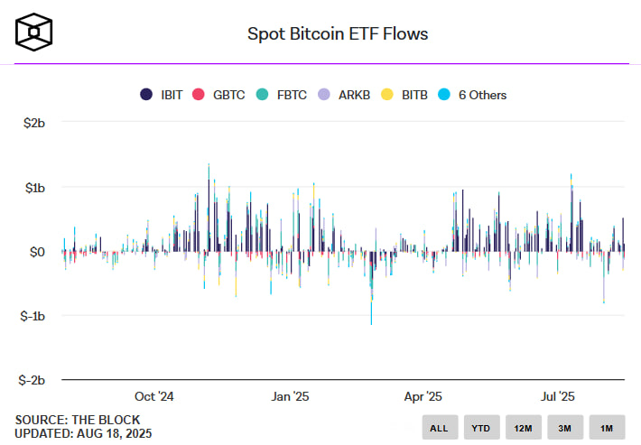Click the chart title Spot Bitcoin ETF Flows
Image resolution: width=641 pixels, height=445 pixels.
pyautogui.click(x=338, y=34)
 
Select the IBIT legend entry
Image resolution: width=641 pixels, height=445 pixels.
pyautogui.click(x=163, y=95)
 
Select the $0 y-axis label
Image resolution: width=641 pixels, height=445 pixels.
pyautogui.click(x=37, y=252)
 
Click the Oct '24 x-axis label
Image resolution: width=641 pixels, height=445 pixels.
pyautogui.click(x=153, y=396)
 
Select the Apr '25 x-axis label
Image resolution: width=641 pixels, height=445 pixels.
pyautogui.click(x=423, y=396)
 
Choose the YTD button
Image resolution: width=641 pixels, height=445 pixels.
pyautogui.click(x=481, y=427)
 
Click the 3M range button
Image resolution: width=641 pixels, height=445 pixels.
pyautogui.click(x=564, y=427)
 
